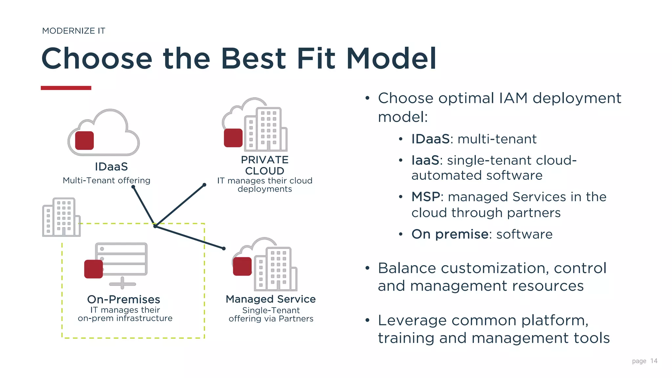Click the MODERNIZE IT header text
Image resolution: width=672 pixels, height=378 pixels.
tap(73, 31)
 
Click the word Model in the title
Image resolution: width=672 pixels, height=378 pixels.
tap(391, 59)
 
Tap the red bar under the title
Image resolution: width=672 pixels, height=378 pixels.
tap(66, 88)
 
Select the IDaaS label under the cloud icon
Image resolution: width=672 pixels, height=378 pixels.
tap(111, 167)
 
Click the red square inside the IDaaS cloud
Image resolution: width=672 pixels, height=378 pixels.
tap(84, 140)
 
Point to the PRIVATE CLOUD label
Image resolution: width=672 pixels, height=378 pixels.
tap(264, 165)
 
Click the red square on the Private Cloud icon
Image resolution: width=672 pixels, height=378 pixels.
tap(233, 138)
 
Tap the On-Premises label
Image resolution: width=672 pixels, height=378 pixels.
tap(123, 299)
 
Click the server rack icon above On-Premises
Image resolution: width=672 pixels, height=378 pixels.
tap(121, 259)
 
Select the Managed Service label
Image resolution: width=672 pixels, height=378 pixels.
tap(270, 299)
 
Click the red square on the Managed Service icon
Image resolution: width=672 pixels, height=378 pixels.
tap(242, 266)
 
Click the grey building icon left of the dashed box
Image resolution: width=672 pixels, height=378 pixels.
tap(61, 217)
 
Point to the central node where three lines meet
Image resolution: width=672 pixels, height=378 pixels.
tap(155, 226)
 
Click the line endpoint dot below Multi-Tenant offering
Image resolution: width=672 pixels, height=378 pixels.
tap(133, 187)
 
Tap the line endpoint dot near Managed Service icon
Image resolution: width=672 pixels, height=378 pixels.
tap(224, 248)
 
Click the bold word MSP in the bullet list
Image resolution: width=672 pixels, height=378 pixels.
tap(426, 197)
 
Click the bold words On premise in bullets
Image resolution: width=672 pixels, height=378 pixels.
tap(450, 234)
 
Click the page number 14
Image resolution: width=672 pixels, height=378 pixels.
tap(654, 361)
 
